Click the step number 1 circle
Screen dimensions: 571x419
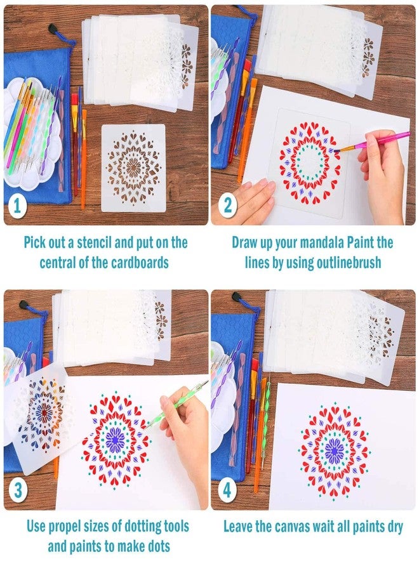pyautogui.click(x=17, y=207)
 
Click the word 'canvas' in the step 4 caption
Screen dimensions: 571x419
pyautogui.click(x=293, y=526)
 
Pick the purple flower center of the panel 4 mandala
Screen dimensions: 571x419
pyautogui.click(x=334, y=451)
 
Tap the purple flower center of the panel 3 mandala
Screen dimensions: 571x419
pyautogui.click(x=115, y=437)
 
